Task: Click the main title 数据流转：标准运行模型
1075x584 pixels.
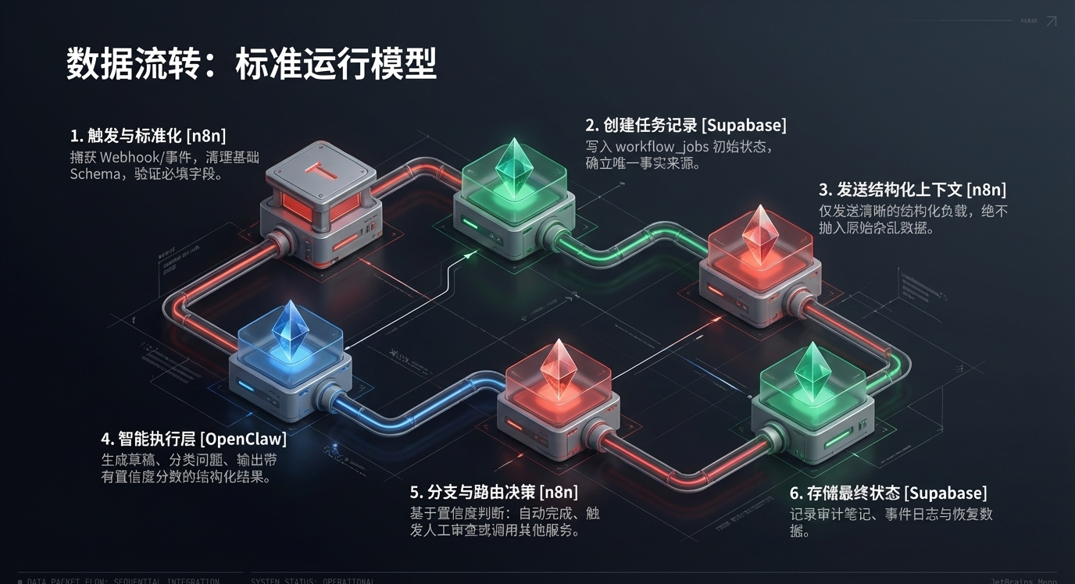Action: [251, 64]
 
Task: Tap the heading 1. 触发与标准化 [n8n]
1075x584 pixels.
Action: [148, 135]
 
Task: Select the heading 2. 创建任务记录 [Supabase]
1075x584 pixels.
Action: [686, 125]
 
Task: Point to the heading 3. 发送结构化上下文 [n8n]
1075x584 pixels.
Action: [912, 190]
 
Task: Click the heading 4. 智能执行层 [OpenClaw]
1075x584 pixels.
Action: [194, 439]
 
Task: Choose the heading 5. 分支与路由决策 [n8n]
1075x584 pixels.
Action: [494, 492]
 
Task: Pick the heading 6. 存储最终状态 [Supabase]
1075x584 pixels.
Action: [887, 493]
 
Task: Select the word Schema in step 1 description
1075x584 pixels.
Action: [94, 174]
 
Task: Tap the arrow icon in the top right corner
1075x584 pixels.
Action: [1051, 21]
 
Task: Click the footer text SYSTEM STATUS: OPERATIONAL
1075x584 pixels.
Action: [312, 581]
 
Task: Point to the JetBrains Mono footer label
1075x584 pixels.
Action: [1023, 581]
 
